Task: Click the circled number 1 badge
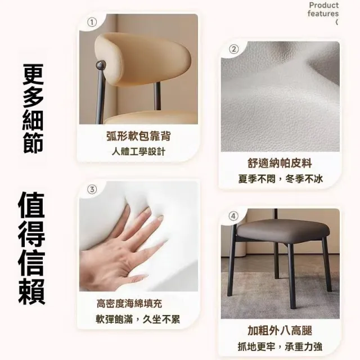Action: click(92, 22)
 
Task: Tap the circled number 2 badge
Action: click(234, 49)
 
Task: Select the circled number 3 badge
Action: click(92, 190)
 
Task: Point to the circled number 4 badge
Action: click(233, 216)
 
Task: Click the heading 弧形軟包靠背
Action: click(138, 136)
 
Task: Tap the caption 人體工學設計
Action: click(138, 152)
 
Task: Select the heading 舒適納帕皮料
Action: click(280, 164)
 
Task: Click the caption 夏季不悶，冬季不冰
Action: click(280, 179)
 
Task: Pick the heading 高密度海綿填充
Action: click(129, 304)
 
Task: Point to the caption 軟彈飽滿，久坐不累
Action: click(138, 319)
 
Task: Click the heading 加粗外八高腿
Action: click(280, 331)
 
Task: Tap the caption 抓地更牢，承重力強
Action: click(280, 346)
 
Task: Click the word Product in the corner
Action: click(324, 5)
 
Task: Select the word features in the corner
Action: click(323, 13)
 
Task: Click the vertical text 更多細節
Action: click(33, 109)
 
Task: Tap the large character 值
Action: click(31, 205)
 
